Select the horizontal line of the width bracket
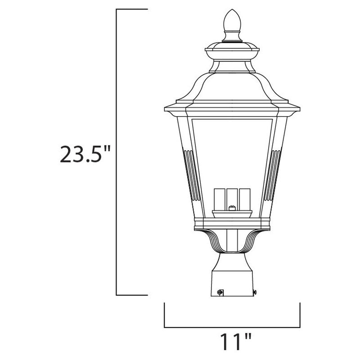click(x=231, y=327)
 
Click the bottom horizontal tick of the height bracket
click(x=132, y=295)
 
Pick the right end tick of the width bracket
click(x=299, y=315)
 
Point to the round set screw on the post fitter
click(x=220, y=292)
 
